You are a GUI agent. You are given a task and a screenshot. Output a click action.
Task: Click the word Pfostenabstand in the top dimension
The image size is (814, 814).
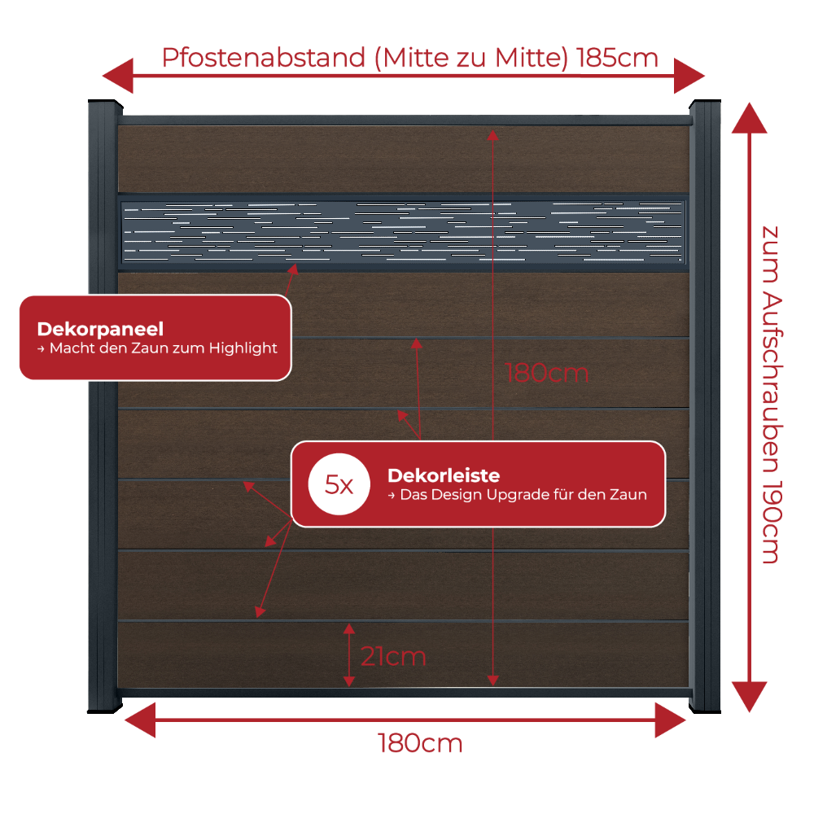[263, 58]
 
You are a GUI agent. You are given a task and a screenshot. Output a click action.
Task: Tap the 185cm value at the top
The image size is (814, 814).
[617, 58]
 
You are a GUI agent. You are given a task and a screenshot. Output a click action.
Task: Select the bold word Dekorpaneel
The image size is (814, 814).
[100, 329]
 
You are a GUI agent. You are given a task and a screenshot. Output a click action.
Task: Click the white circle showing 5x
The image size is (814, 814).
[339, 484]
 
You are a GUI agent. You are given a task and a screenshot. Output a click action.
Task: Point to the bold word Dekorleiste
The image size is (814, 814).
[444, 475]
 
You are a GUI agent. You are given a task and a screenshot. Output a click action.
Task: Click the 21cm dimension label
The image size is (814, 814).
[393, 656]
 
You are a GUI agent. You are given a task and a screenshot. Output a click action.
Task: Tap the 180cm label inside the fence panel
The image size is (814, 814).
[547, 373]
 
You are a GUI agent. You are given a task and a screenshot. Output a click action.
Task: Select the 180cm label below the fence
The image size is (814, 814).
[420, 743]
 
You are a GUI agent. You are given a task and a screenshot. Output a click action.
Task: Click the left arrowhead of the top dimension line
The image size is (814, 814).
[118, 76]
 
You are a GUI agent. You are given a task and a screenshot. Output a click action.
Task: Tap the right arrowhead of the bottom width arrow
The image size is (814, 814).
[670, 720]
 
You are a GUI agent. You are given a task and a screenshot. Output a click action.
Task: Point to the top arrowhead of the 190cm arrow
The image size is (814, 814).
[749, 118]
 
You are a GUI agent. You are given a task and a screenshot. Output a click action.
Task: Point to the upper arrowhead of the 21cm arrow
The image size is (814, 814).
[349, 628]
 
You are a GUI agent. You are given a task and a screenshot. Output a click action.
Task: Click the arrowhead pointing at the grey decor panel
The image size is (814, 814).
[293, 269]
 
